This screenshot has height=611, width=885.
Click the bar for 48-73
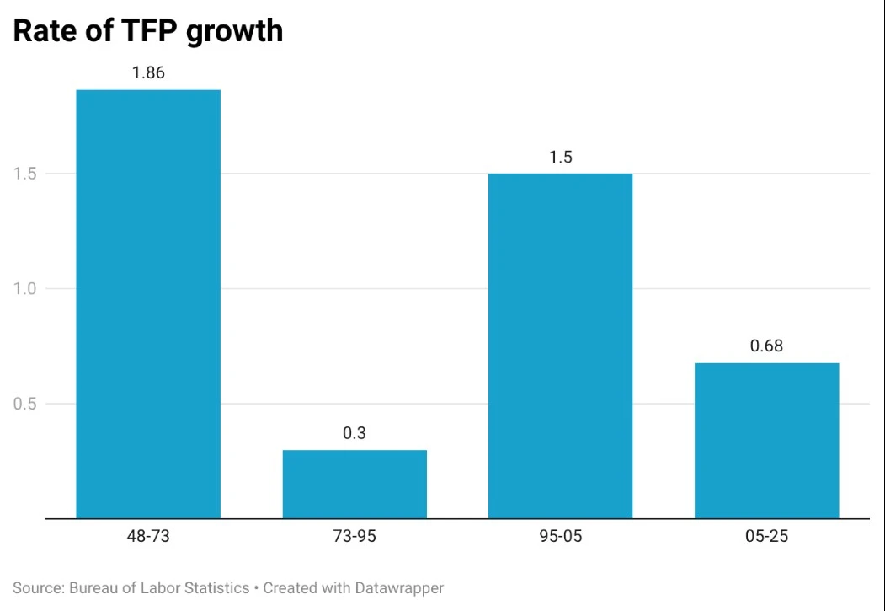[x=148, y=303]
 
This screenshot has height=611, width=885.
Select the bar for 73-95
[x=355, y=484]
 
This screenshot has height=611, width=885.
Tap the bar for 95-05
[x=561, y=346]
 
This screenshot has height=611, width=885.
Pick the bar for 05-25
[x=766, y=441]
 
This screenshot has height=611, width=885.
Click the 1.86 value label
[x=148, y=72]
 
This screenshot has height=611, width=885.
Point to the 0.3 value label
[x=355, y=433]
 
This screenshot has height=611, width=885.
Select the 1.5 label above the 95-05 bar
[x=561, y=157]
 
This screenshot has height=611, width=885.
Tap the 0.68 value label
[x=766, y=346]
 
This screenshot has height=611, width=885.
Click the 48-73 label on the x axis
[x=148, y=536]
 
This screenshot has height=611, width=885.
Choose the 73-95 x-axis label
[x=355, y=536]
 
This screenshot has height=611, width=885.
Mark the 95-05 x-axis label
[x=561, y=536]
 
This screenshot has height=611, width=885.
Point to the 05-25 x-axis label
[x=766, y=536]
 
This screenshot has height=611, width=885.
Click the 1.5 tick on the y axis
[x=24, y=174]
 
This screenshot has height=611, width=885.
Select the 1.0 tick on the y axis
[x=24, y=288]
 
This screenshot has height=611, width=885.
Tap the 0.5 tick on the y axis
[x=24, y=404]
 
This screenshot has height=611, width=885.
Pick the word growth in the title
[x=233, y=32]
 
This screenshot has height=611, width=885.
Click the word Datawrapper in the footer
[x=399, y=588]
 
